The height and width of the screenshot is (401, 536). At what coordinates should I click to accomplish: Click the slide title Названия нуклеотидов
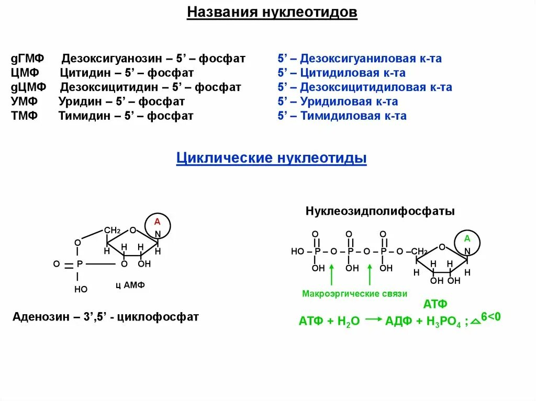(272, 12)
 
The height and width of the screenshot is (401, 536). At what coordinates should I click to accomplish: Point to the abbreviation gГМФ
(26, 58)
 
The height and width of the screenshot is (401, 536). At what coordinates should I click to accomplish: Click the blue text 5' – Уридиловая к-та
(338, 101)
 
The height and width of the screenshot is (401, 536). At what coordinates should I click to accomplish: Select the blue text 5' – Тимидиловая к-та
(342, 116)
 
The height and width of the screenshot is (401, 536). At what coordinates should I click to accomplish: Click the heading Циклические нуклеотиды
(271, 158)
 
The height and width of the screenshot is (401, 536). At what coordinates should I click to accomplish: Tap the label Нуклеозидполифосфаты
(380, 211)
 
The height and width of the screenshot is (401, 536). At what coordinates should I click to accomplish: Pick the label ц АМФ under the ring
(130, 285)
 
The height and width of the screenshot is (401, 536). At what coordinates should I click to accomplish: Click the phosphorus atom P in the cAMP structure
(80, 265)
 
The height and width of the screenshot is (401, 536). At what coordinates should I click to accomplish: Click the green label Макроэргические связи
(354, 294)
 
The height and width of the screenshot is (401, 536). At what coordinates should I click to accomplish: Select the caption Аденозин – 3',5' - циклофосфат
(106, 317)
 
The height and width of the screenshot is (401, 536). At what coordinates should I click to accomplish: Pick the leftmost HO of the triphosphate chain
(297, 252)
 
